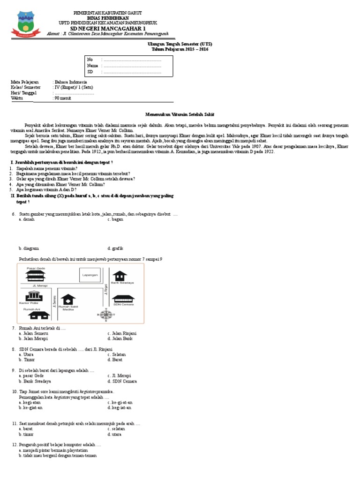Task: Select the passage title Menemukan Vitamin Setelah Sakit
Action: (180, 114)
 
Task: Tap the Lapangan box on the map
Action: (89, 275)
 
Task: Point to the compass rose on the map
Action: (106, 315)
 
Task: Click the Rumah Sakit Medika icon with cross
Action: (69, 299)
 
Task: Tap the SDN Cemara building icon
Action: (123, 299)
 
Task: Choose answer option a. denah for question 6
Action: (26, 219)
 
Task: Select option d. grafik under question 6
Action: (115, 248)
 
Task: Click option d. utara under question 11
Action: (115, 434)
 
